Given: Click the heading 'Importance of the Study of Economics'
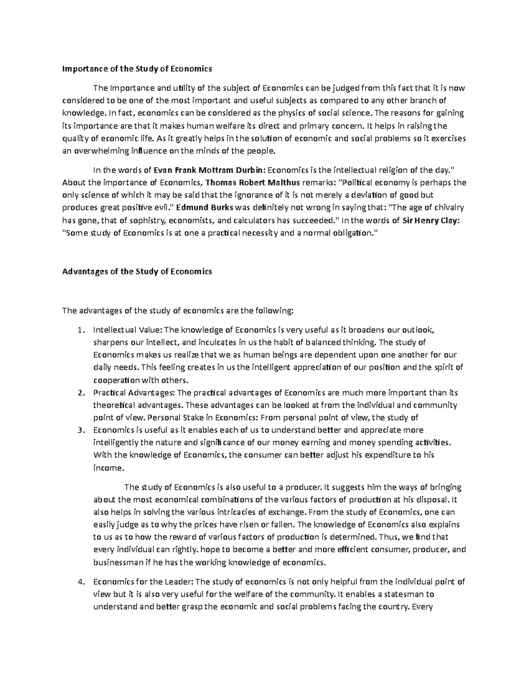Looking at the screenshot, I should coord(137,69).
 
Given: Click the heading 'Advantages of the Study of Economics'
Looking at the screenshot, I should coord(137,271).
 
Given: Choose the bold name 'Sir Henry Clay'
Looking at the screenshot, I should coord(425,220).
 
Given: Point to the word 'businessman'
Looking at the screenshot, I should coord(115,562).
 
